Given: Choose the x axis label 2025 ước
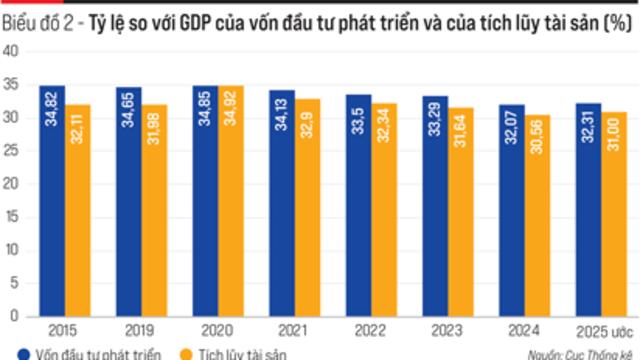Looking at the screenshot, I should [602, 328].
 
